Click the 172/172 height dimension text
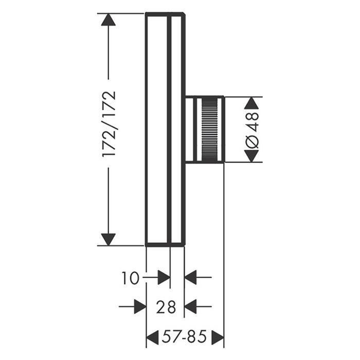click(x=109, y=124)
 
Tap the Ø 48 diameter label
click(x=252, y=130)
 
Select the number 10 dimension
click(x=130, y=278)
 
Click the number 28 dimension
click(x=166, y=307)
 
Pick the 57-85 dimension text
click(x=184, y=336)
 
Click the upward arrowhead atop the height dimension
click(x=109, y=20)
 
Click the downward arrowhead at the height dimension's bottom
click(x=109, y=240)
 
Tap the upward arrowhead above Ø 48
click(x=251, y=103)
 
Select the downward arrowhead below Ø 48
click(x=251, y=156)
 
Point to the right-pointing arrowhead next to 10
click(x=164, y=277)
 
